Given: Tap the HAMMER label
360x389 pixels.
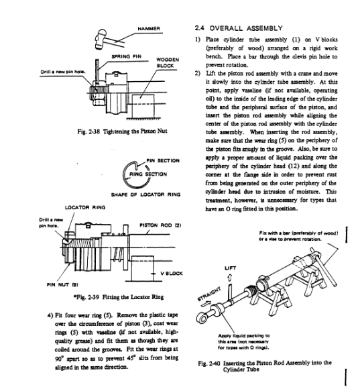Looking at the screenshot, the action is click(149, 29).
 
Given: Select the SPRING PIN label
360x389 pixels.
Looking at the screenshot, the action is click(126, 56).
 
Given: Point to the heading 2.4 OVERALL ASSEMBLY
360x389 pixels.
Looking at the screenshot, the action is click(239, 28).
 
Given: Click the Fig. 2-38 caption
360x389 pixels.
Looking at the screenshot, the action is click(122, 131).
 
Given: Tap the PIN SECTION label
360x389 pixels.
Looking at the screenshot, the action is click(163, 160).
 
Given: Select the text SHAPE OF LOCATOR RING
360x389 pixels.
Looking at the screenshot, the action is click(145, 194).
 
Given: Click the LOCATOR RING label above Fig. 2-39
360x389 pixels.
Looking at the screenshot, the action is click(85, 207).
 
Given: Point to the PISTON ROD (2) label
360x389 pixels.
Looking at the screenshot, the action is click(160, 225).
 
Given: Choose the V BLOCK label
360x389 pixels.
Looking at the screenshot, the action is click(172, 274).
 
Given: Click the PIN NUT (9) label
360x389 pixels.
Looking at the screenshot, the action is click(62, 285).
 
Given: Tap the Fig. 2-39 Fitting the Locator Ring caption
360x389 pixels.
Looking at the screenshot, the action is click(119, 297).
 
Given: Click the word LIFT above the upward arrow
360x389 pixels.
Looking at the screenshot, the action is click(230, 268).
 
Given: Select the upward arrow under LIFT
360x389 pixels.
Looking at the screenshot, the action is click(229, 278).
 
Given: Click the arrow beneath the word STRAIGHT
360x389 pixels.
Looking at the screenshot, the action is click(206, 303).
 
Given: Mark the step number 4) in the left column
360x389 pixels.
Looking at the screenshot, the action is click(50, 315).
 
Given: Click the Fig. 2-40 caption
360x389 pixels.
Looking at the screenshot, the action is click(265, 366).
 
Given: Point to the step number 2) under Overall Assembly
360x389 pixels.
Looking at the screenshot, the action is click(197, 73).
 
